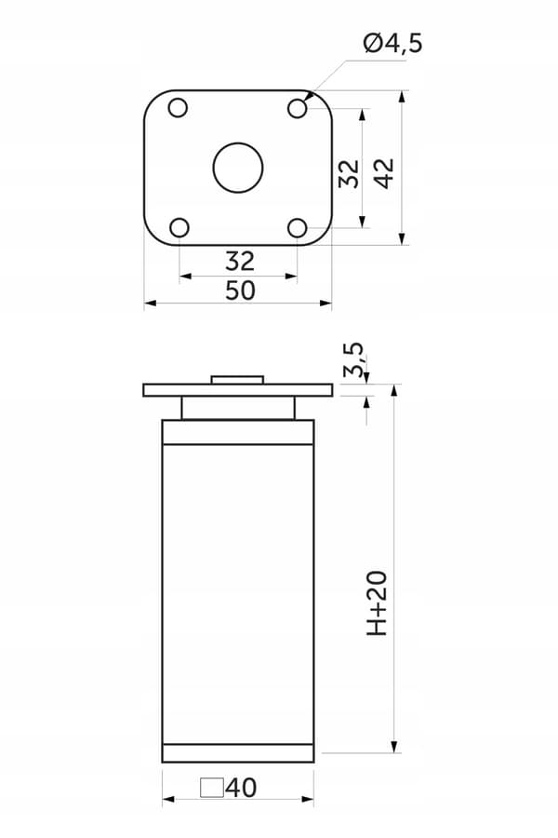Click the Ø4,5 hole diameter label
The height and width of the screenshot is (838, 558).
tap(393, 43)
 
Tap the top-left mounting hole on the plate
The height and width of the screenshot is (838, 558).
tap(178, 108)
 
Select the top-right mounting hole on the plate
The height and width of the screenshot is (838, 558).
tap(298, 109)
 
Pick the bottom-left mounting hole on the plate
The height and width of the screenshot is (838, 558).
tap(179, 228)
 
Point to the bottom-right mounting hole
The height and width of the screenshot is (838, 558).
tap(298, 228)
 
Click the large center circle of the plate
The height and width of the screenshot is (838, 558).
tap(238, 168)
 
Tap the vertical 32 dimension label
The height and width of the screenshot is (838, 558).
tap(350, 174)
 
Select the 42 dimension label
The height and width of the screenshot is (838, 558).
tap(384, 174)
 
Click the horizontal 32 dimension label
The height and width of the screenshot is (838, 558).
tap(240, 262)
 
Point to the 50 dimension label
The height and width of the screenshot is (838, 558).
tap(240, 291)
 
